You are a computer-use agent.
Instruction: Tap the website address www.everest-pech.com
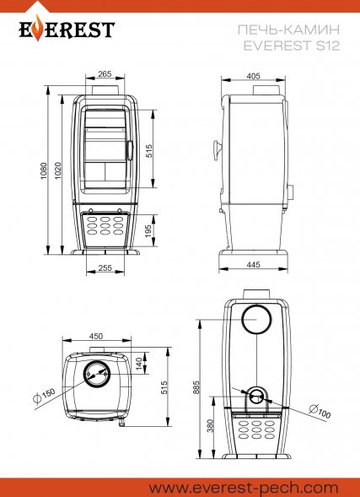coord(244,488)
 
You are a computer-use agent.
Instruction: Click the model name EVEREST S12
coord(292,46)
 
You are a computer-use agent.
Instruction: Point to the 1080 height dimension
coord(43,170)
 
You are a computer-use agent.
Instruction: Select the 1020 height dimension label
coord(57,170)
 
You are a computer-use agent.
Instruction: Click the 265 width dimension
coord(105,74)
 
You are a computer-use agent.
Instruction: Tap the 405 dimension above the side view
coord(253,76)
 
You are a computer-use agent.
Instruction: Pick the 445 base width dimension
coord(253,264)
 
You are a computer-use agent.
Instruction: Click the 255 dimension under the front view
coord(105,267)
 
